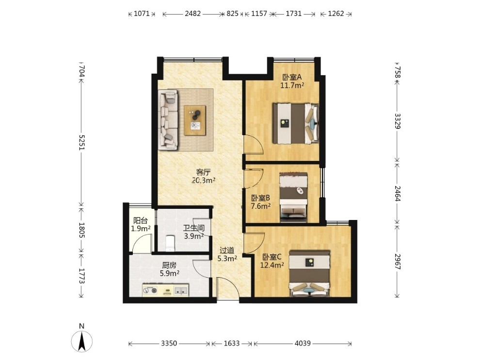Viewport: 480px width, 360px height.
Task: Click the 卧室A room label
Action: pos(292,77)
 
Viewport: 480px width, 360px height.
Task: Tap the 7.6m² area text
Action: pos(260,206)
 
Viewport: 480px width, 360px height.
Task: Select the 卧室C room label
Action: pos(272,257)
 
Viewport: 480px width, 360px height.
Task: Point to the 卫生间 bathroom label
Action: pos(194,228)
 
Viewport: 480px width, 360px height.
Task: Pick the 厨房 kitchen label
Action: pos(169,266)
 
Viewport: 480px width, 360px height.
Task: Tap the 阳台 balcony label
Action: pos(141,220)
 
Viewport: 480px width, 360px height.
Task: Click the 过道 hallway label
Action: pos(227,250)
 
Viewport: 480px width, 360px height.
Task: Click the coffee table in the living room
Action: pos(195,120)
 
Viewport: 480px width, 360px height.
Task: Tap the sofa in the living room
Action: pos(168,120)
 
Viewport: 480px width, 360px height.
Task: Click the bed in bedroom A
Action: pos(296,123)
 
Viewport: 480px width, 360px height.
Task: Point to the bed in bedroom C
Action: pos(310,274)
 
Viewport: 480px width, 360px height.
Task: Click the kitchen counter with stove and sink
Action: pos(165,290)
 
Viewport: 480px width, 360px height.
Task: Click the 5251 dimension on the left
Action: pos(82,142)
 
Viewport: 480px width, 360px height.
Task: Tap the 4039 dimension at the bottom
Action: pos(303,343)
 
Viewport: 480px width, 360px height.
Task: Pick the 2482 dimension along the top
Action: pos(193,14)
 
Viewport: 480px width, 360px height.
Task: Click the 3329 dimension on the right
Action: pos(398,121)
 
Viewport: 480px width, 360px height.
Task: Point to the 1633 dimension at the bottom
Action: pos(231,343)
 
